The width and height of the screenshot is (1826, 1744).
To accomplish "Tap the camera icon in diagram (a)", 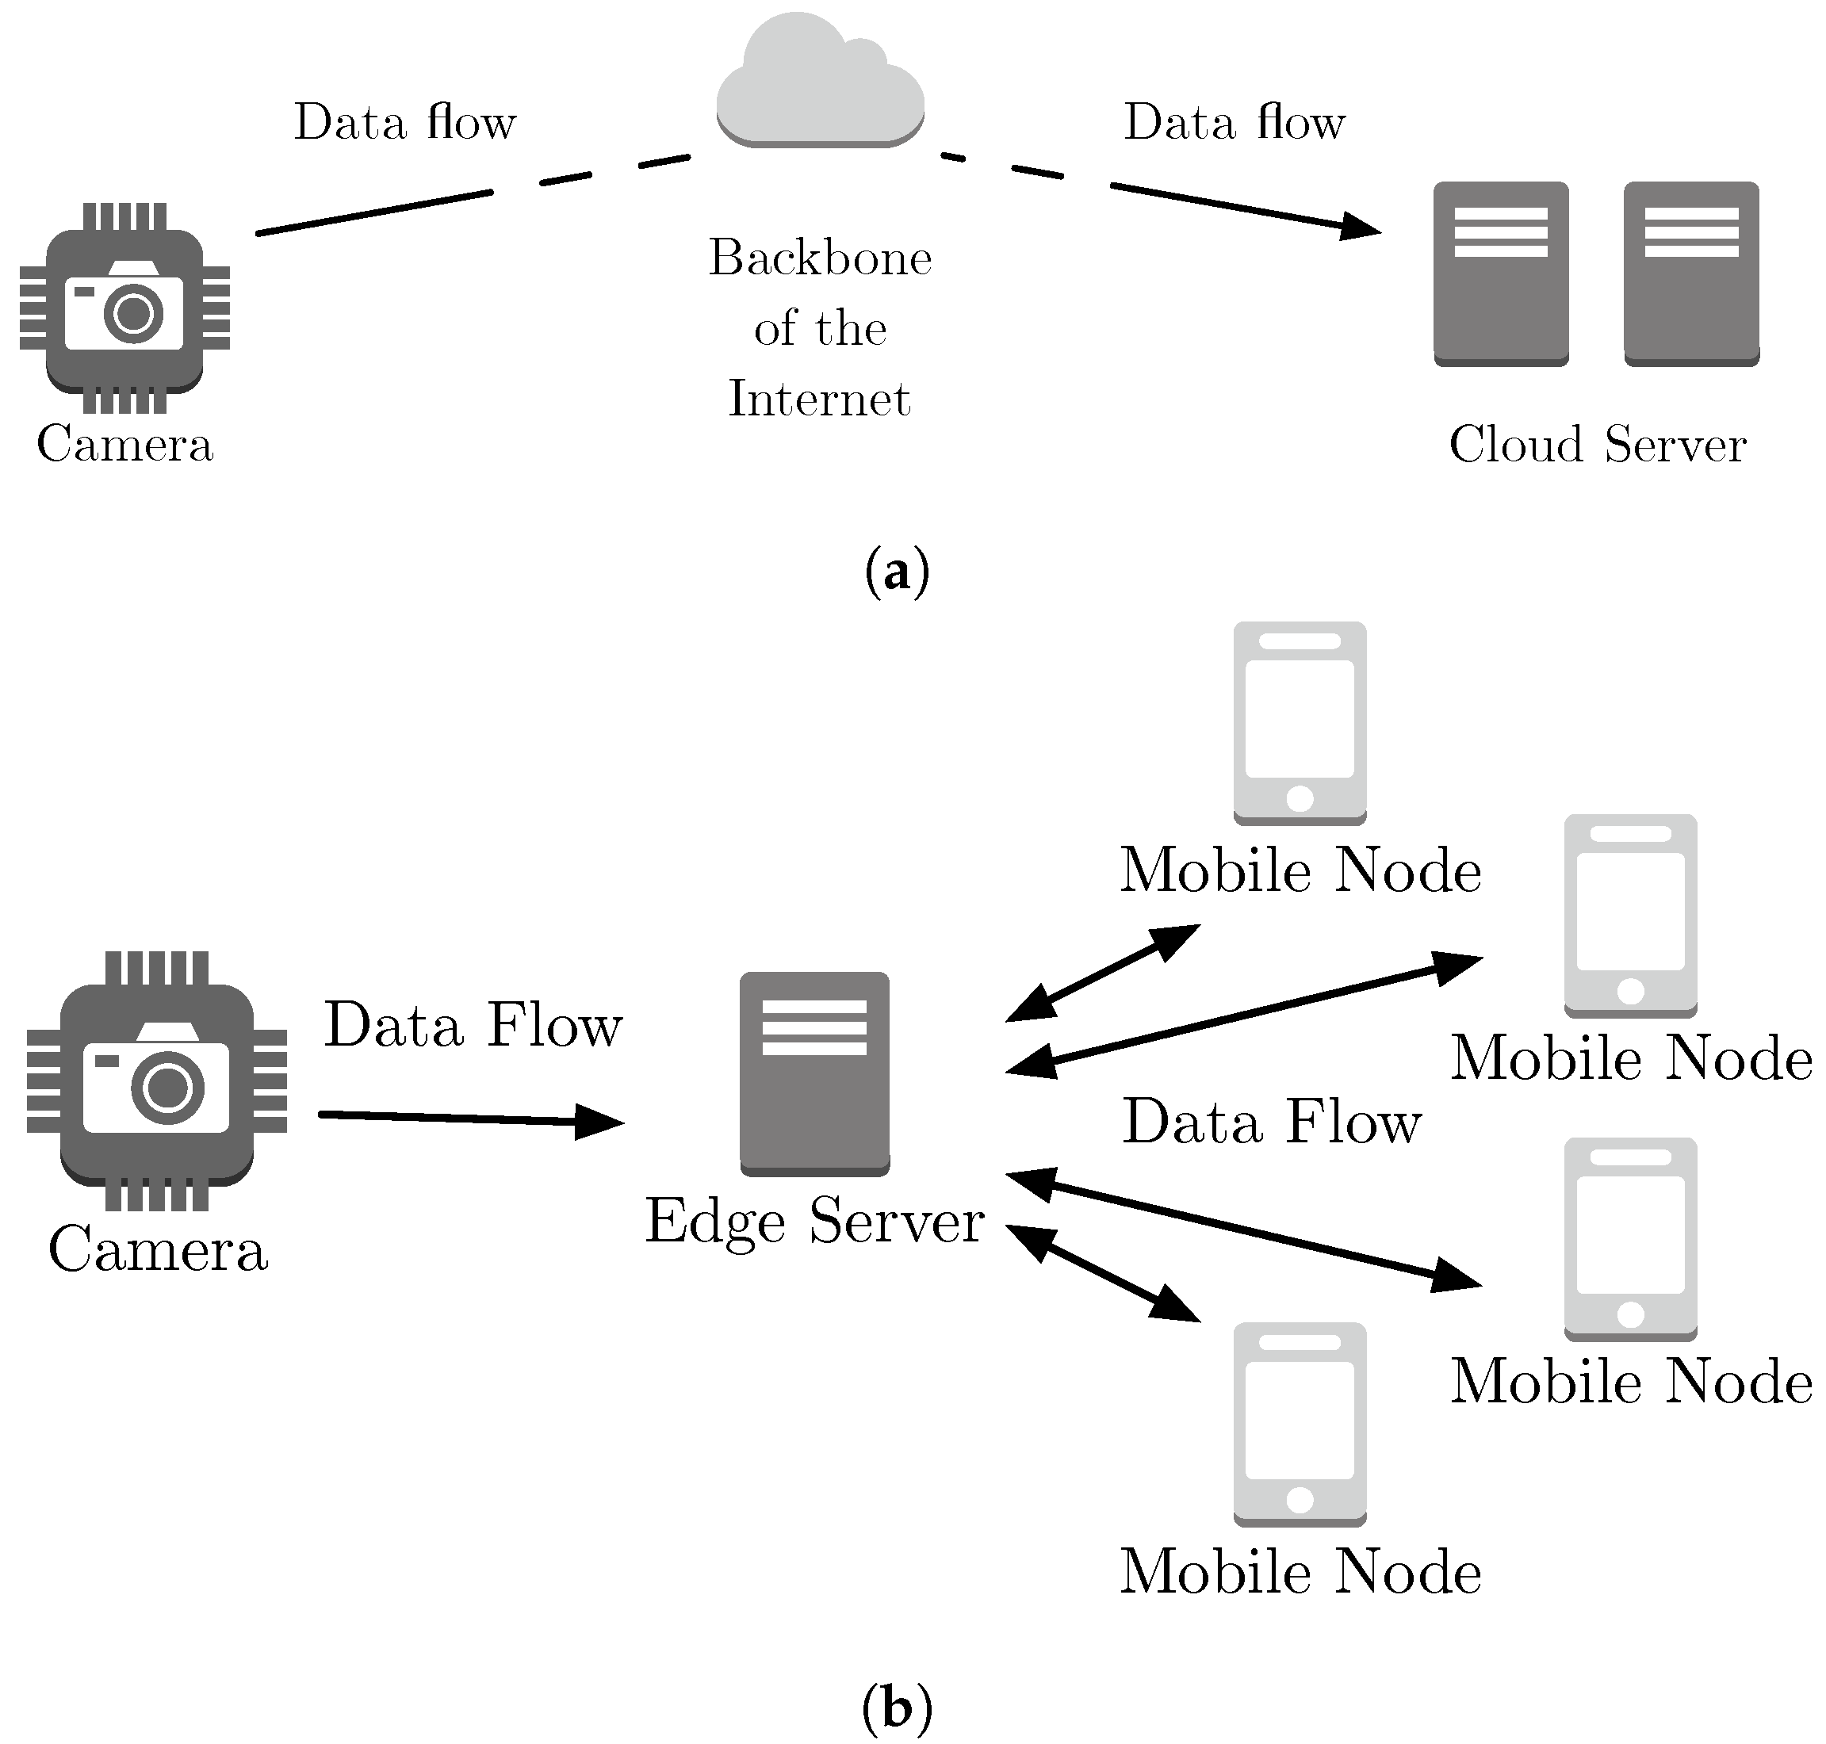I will pos(124,308).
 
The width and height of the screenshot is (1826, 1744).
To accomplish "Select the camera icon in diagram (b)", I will pos(156,1080).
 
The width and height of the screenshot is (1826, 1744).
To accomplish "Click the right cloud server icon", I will pos(1690,273).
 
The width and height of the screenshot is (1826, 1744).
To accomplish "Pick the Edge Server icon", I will pos(814,1073).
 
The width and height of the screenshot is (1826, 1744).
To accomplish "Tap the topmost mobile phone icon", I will pos(1299,721).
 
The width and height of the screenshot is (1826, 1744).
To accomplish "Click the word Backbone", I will pos(819,258).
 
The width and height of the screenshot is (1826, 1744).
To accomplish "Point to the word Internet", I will pos(819,399).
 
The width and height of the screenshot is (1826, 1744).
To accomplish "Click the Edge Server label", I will pos(814,1220).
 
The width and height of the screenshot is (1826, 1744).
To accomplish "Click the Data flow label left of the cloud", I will pos(404,122).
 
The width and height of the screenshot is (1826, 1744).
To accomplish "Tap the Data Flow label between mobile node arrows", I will pos(1271,1121).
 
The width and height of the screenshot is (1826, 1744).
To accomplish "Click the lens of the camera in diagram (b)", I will pos(167,1088).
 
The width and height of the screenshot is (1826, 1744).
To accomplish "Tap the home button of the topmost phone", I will pos(1299,797).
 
